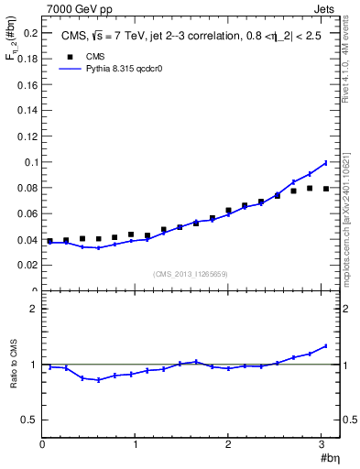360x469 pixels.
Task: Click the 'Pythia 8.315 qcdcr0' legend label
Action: [x=124, y=69]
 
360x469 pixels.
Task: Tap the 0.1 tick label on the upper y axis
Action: [x=29, y=162]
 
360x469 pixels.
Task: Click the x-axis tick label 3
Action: [x=322, y=444]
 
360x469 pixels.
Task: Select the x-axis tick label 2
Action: [x=229, y=444]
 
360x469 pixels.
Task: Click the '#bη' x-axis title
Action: [x=327, y=458]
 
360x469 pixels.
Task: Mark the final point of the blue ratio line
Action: [x=326, y=345]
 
